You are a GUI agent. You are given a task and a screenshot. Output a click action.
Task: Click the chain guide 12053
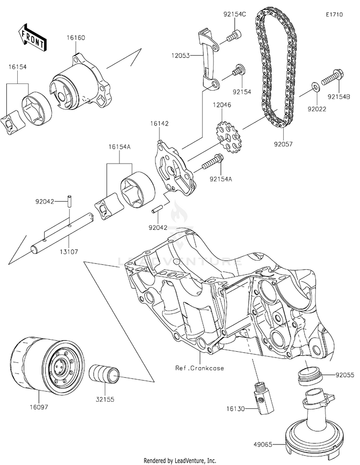click(208, 60)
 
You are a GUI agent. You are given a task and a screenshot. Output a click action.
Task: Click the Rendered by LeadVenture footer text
click(180, 460)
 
